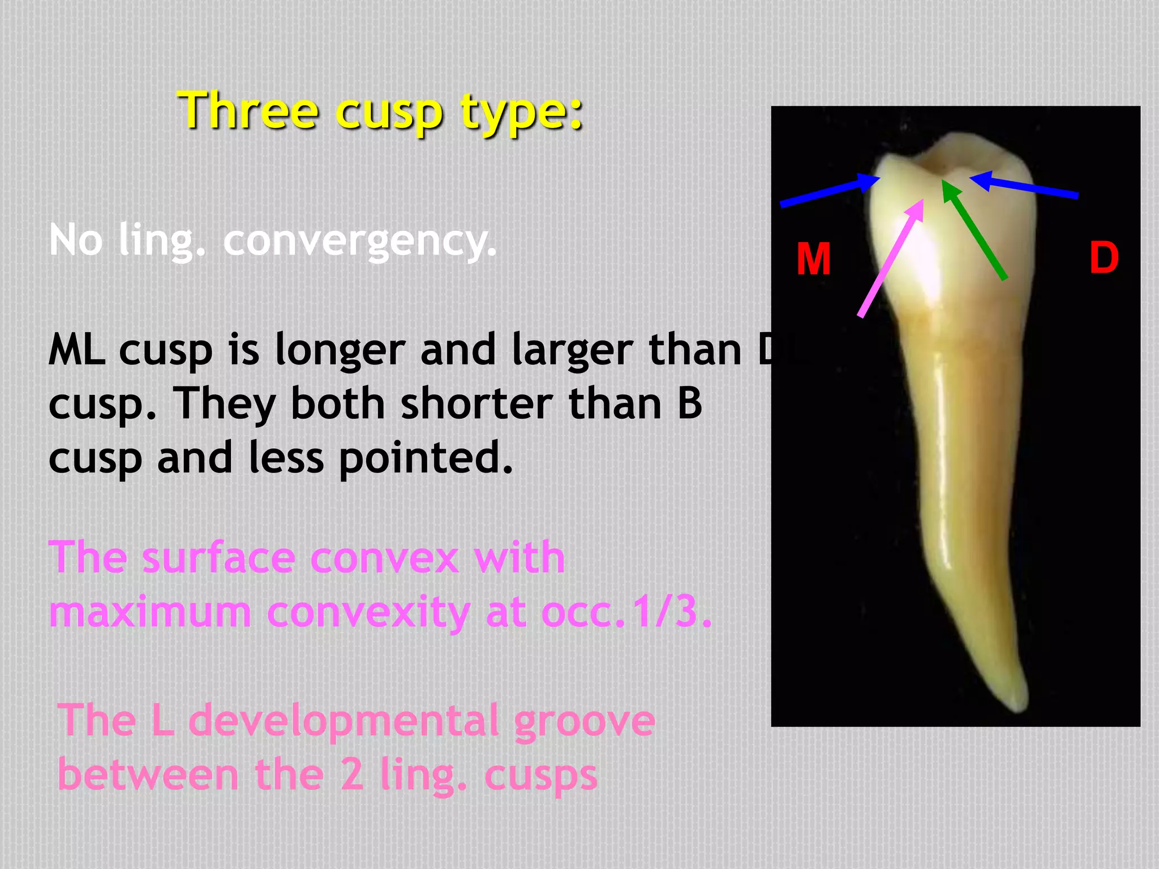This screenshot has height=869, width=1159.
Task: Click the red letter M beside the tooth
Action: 813,259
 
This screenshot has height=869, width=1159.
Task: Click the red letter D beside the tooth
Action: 1104,257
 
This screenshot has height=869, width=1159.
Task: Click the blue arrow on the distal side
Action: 1024,187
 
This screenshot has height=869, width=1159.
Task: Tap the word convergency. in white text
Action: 360,240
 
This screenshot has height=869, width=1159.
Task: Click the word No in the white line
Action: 76,240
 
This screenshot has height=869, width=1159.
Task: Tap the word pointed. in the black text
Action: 426,458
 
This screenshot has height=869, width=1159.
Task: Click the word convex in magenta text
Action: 384,558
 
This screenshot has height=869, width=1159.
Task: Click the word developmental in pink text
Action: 344,721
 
